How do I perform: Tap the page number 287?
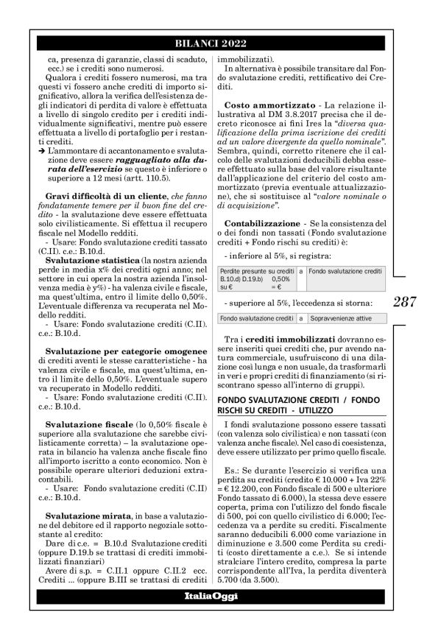[405, 301]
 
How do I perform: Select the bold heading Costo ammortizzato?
[263, 105]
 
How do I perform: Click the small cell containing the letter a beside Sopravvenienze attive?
[300, 318]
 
